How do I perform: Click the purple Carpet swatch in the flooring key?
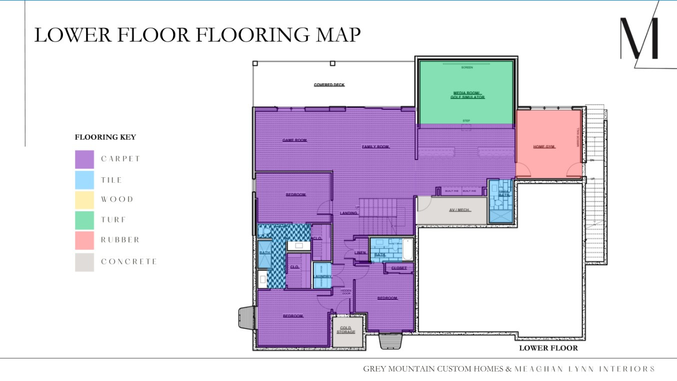pyautogui.click(x=84, y=159)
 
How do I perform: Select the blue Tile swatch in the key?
pyautogui.click(x=84, y=180)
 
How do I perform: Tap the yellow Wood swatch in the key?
pyautogui.click(x=84, y=200)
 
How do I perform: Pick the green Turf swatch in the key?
pyautogui.click(x=84, y=220)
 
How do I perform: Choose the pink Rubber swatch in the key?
pyautogui.click(x=84, y=240)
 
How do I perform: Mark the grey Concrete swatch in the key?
pyautogui.click(x=84, y=262)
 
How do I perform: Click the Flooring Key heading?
pyautogui.click(x=105, y=137)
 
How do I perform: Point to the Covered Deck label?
pyautogui.click(x=329, y=85)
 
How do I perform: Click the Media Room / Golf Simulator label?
pyautogui.click(x=468, y=95)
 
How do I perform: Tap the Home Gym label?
pyautogui.click(x=544, y=147)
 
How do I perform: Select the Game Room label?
pyautogui.click(x=294, y=140)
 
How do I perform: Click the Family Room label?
pyautogui.click(x=375, y=147)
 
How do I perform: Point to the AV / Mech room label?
pyautogui.click(x=459, y=210)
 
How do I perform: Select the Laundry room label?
pyautogui.click(x=322, y=276)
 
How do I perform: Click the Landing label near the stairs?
pyautogui.click(x=348, y=213)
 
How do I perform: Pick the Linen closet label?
pyautogui.click(x=360, y=253)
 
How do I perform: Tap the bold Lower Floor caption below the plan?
pyautogui.click(x=548, y=348)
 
